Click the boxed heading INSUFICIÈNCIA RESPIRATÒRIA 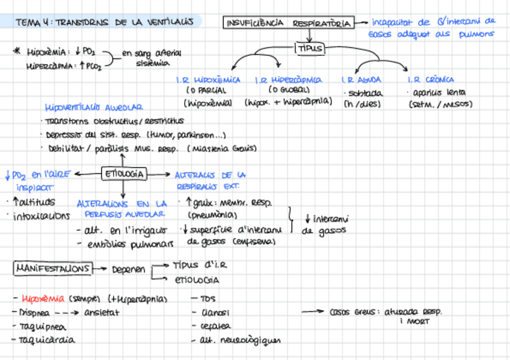pos(288,23)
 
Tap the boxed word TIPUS pos(309,49)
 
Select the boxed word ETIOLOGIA pos(124,174)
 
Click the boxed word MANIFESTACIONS pos(53,269)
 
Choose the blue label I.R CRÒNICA pos(430,79)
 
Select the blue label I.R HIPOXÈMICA pos(208,79)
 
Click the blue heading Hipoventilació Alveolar pos(97,108)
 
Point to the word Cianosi pos(214,313)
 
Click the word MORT pos(414,322)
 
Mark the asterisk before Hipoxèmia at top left pos(16,52)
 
